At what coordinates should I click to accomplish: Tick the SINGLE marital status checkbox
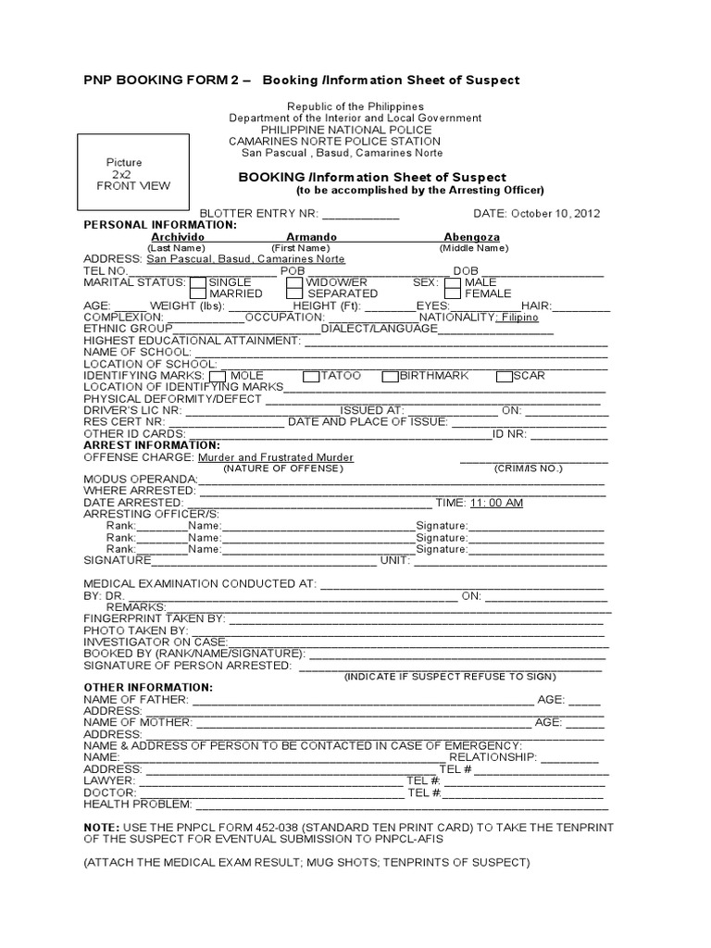[x=198, y=282]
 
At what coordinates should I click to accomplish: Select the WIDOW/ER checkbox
[x=294, y=282]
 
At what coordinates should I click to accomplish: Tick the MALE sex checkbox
[x=452, y=282]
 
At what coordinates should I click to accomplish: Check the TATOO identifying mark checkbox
[x=311, y=376]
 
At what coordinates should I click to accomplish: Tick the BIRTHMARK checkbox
[x=390, y=376]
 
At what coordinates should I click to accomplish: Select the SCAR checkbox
[x=504, y=376]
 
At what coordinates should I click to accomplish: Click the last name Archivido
[x=178, y=237]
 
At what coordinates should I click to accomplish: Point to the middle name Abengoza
[x=472, y=237]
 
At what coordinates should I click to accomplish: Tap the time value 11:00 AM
[x=496, y=503]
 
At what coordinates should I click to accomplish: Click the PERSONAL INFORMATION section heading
[x=160, y=225]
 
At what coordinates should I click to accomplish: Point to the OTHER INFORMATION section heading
[x=148, y=687]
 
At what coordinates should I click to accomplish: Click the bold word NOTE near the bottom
[x=100, y=827]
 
